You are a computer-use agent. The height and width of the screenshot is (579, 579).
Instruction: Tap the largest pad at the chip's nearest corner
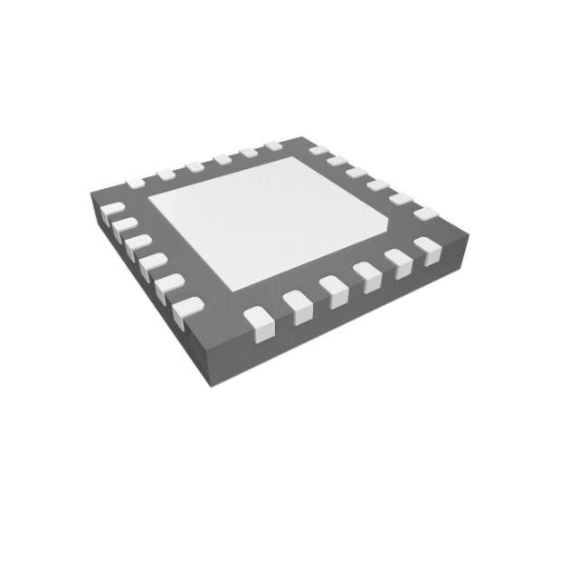tap(188, 311)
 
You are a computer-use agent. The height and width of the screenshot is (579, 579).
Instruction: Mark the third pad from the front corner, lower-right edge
tap(333, 289)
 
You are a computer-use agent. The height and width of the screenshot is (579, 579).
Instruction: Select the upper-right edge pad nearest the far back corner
tap(318, 149)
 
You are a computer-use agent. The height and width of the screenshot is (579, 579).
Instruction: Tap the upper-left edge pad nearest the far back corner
tap(273, 145)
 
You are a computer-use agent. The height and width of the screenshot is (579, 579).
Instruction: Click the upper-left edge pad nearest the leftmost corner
tap(136, 183)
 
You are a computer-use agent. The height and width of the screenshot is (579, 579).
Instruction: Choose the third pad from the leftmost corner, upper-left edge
tap(194, 166)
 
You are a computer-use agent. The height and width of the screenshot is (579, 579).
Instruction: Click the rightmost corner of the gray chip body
tap(471, 231)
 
